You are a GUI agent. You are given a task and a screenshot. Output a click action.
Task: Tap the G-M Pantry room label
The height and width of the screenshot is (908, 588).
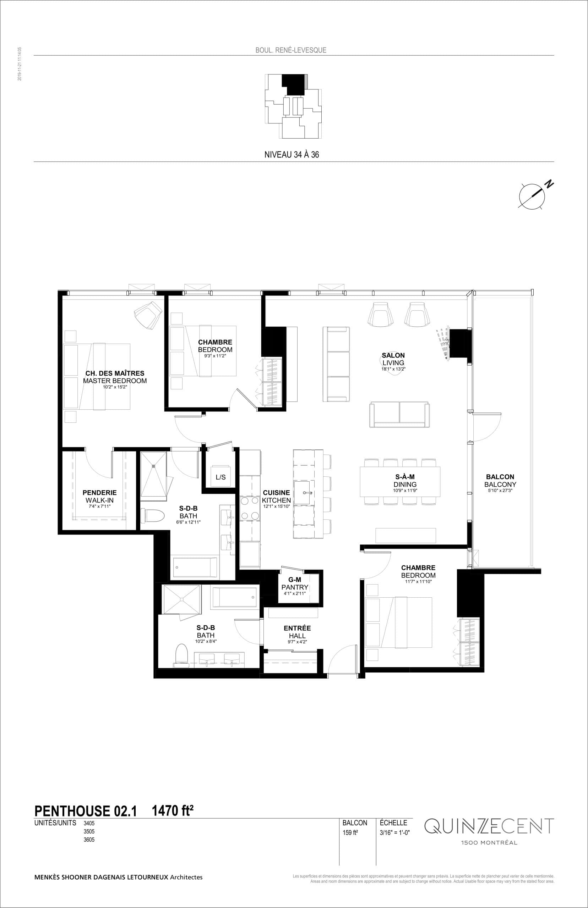click(x=294, y=587)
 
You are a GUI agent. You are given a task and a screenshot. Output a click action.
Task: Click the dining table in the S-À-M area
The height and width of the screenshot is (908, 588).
click(x=399, y=481)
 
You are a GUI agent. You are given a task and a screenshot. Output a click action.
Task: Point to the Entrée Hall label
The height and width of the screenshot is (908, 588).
click(x=297, y=632)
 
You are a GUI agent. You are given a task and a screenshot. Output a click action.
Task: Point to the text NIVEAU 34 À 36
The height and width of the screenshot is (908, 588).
click(x=292, y=154)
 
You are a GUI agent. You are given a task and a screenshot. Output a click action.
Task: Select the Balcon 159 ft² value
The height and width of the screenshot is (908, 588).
click(x=350, y=832)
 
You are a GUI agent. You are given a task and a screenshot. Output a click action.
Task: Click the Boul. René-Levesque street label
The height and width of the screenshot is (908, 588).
click(x=290, y=50)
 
